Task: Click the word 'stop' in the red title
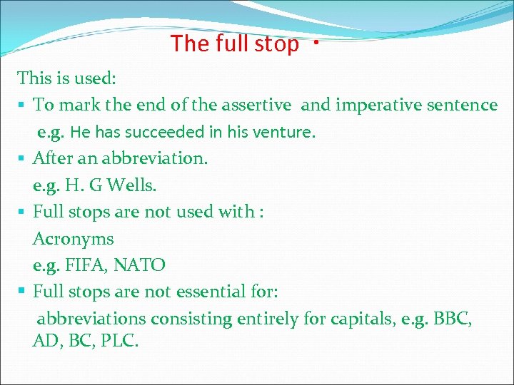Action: pos(275,44)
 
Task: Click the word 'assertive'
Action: pos(255,106)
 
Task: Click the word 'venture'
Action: pos(286,132)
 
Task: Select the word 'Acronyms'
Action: pos(74,239)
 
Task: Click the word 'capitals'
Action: pos(361,319)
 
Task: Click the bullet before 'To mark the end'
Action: pos(24,106)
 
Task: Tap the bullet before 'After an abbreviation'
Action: pos(24,158)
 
